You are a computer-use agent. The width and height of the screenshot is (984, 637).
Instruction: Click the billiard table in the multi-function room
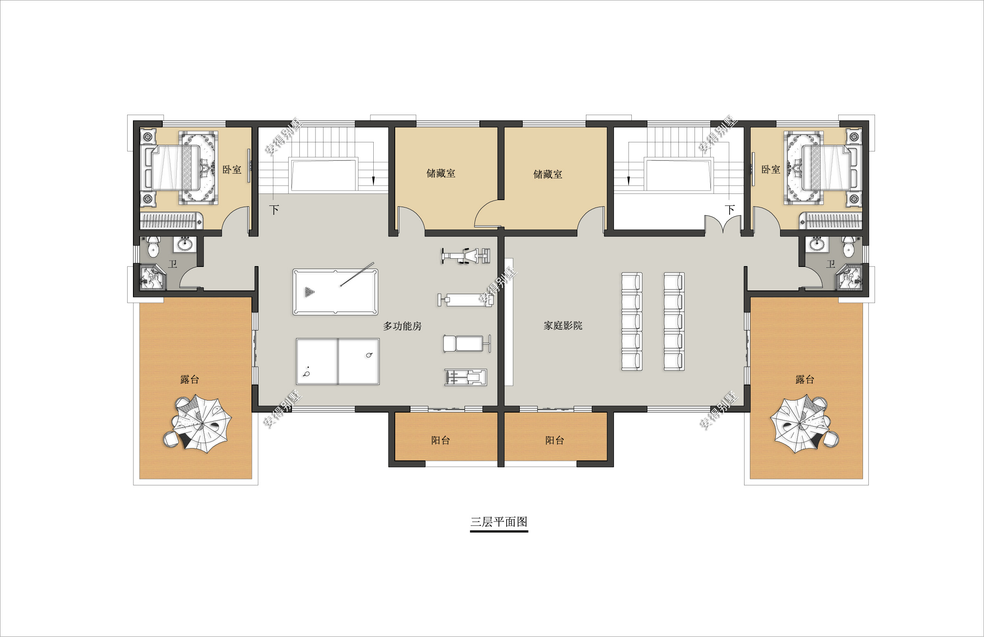[x=335, y=292]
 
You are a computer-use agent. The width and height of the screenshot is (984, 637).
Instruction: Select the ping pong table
[x=338, y=361]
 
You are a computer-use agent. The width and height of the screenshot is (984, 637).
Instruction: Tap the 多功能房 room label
[x=402, y=326]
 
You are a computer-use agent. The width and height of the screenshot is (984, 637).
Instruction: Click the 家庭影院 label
[x=563, y=326]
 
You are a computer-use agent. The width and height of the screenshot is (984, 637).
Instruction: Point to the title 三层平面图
[x=499, y=522]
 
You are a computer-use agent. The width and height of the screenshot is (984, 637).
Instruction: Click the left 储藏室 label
[x=441, y=173]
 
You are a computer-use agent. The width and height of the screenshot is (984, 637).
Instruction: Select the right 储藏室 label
[x=548, y=175]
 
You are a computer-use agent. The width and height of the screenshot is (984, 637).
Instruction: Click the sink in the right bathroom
[x=817, y=244]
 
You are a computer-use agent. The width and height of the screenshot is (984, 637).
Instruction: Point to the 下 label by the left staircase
[x=274, y=210]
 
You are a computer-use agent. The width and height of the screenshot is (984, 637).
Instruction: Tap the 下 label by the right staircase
[x=730, y=210]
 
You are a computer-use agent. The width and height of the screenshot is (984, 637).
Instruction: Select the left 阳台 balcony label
[x=440, y=440]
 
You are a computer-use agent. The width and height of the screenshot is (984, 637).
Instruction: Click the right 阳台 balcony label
[x=554, y=440]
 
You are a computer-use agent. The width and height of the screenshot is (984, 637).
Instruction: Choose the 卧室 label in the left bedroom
[x=232, y=170]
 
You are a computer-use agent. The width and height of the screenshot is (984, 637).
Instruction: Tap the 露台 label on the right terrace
[x=804, y=379]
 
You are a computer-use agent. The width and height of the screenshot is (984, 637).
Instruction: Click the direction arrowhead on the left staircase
[x=373, y=181]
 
